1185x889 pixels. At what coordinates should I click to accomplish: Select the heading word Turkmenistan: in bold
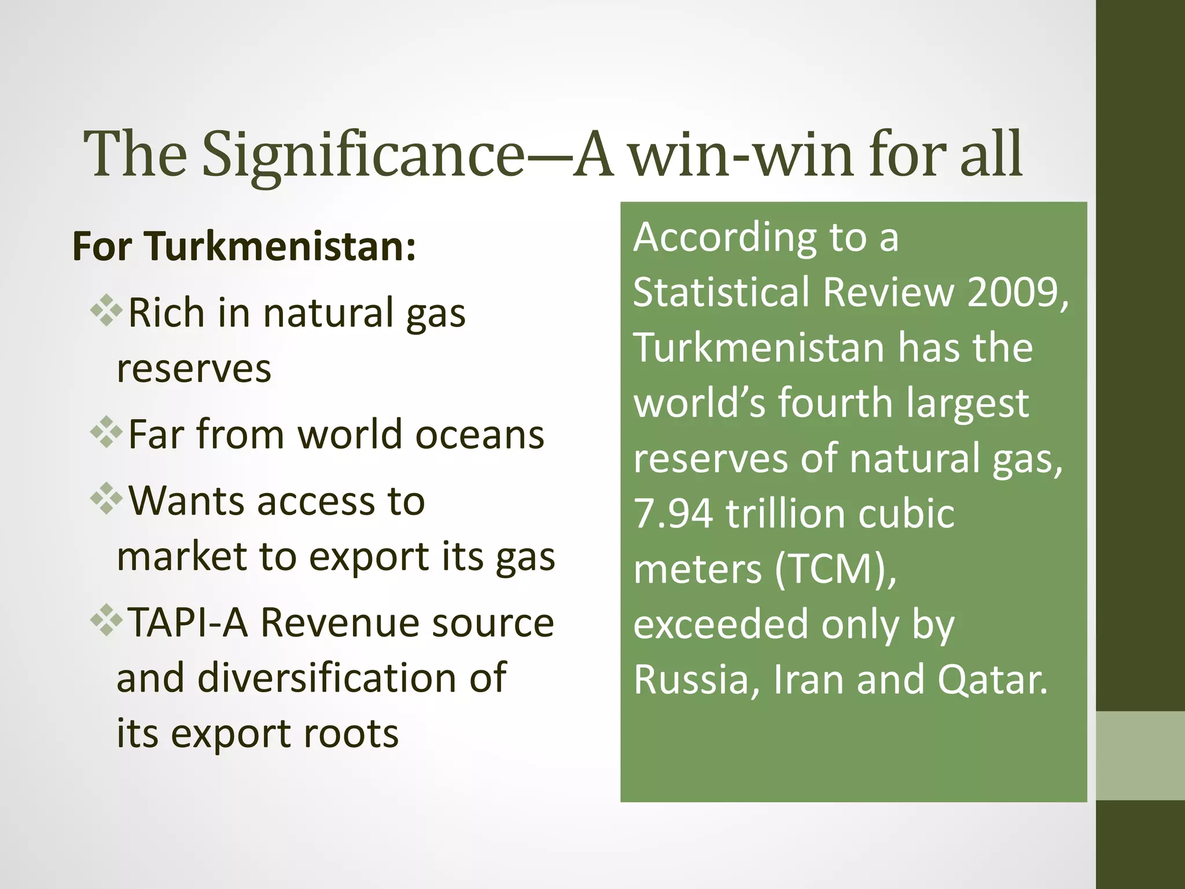coord(280,247)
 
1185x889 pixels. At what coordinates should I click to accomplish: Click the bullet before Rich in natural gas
coord(106,311)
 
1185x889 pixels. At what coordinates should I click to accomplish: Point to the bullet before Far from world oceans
coord(106,433)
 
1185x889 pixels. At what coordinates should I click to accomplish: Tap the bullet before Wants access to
coord(106,499)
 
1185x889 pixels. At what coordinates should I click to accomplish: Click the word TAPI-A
coord(187,623)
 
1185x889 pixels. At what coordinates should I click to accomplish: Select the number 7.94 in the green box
coord(673,513)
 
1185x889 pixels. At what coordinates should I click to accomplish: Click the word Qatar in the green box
coord(992,679)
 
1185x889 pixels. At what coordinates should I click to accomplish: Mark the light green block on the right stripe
coord(1140,755)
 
